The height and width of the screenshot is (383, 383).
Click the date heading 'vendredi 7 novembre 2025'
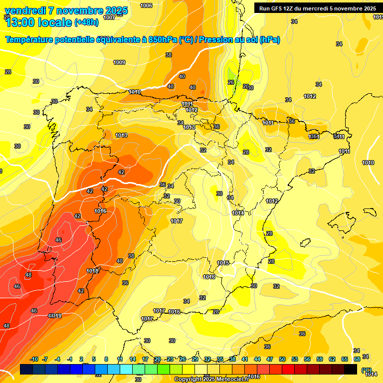(x=66, y=10)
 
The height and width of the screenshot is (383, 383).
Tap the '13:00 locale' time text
(x=38, y=22)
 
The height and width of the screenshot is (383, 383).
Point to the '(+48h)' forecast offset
(x=86, y=22)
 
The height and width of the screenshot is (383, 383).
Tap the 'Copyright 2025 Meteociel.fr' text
(x=211, y=380)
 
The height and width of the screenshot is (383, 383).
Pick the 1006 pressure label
(x=146, y=5)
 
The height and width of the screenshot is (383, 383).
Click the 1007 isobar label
(x=109, y=17)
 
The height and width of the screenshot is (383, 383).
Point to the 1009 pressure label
(x=119, y=62)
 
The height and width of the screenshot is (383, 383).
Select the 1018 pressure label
(x=93, y=271)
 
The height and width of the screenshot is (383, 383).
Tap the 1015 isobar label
(x=223, y=263)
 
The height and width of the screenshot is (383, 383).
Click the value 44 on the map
(x=51, y=316)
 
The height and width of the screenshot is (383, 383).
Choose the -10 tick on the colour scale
(x=34, y=359)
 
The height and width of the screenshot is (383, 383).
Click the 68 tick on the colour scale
(x=357, y=359)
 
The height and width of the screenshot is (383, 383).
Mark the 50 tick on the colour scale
(x=282, y=359)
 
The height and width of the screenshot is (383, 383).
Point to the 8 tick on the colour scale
(x=106, y=359)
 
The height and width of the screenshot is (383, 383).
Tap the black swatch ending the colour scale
(x=351, y=369)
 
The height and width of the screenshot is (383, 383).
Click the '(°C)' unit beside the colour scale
(x=367, y=370)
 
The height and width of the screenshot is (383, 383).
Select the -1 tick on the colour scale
(x=70, y=359)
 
